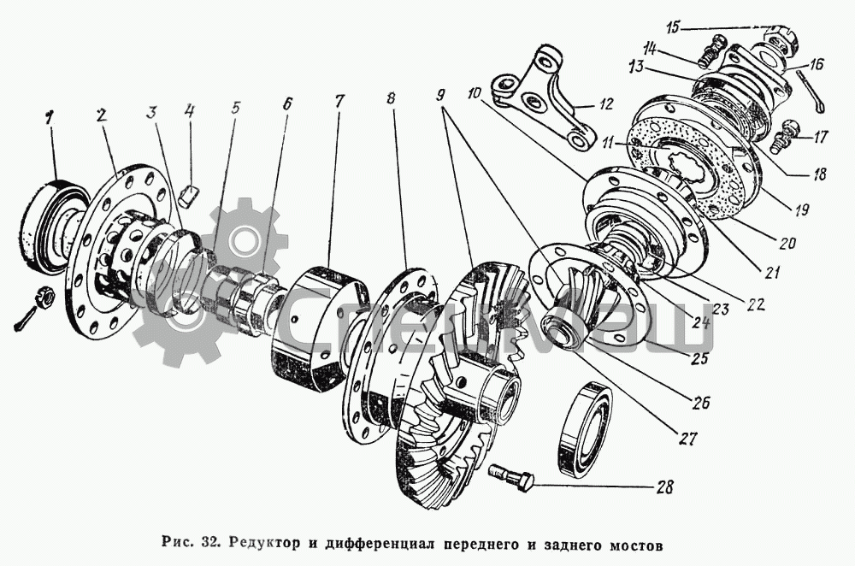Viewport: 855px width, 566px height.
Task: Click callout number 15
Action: (x=674, y=28)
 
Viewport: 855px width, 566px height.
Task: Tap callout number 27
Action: (x=689, y=440)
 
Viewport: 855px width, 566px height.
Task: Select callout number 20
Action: (x=786, y=242)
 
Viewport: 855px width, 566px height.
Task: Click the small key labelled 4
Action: (x=190, y=194)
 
